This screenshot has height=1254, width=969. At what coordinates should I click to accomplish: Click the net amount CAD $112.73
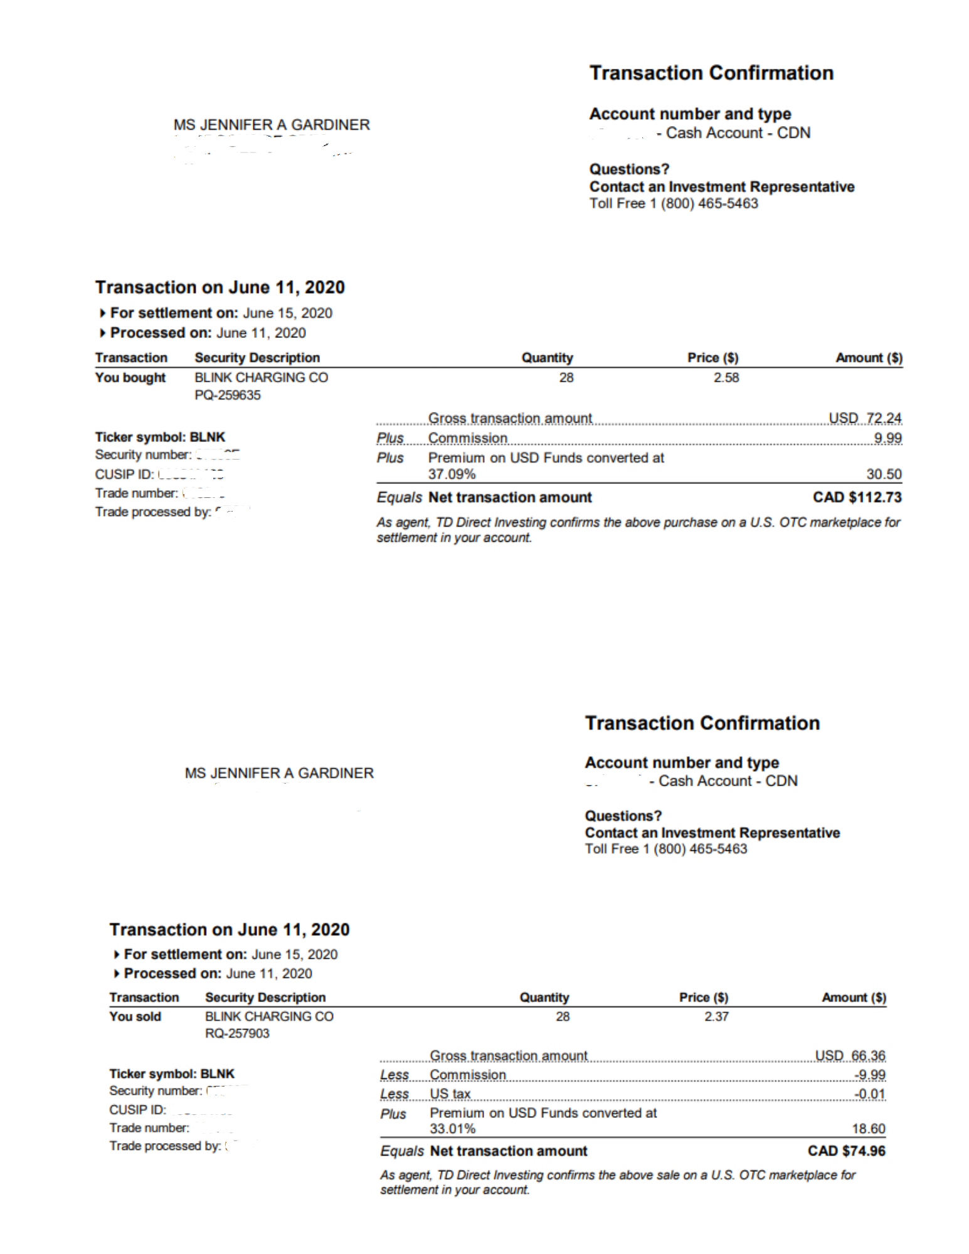click(857, 497)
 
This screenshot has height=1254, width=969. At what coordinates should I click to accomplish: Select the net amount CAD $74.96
click(846, 1151)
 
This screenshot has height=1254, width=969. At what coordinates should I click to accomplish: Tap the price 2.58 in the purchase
click(726, 377)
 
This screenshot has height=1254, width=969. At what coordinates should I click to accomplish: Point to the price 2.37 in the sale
click(716, 1016)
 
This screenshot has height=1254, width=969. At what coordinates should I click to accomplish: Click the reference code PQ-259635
click(228, 395)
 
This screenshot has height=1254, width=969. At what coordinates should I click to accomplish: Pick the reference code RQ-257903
click(237, 1033)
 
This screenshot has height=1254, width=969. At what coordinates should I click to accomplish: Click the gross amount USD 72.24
click(865, 418)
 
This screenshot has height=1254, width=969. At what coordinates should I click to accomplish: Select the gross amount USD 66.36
click(850, 1055)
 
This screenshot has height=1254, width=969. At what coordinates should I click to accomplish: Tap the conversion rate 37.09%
click(452, 474)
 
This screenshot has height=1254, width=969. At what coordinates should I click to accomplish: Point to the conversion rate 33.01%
click(452, 1129)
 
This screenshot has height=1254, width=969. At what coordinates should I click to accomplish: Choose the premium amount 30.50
click(884, 474)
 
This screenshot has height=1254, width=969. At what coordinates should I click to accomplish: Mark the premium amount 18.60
click(868, 1129)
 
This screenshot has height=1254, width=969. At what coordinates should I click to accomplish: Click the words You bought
click(130, 377)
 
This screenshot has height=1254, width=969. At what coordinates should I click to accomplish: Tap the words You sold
click(135, 1016)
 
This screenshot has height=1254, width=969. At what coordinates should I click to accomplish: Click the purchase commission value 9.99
click(887, 438)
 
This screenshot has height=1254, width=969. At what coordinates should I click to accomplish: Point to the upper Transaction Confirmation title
click(711, 73)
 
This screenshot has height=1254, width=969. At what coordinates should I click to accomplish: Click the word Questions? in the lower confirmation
click(623, 816)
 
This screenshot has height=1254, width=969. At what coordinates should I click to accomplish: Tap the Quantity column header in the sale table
click(544, 998)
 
